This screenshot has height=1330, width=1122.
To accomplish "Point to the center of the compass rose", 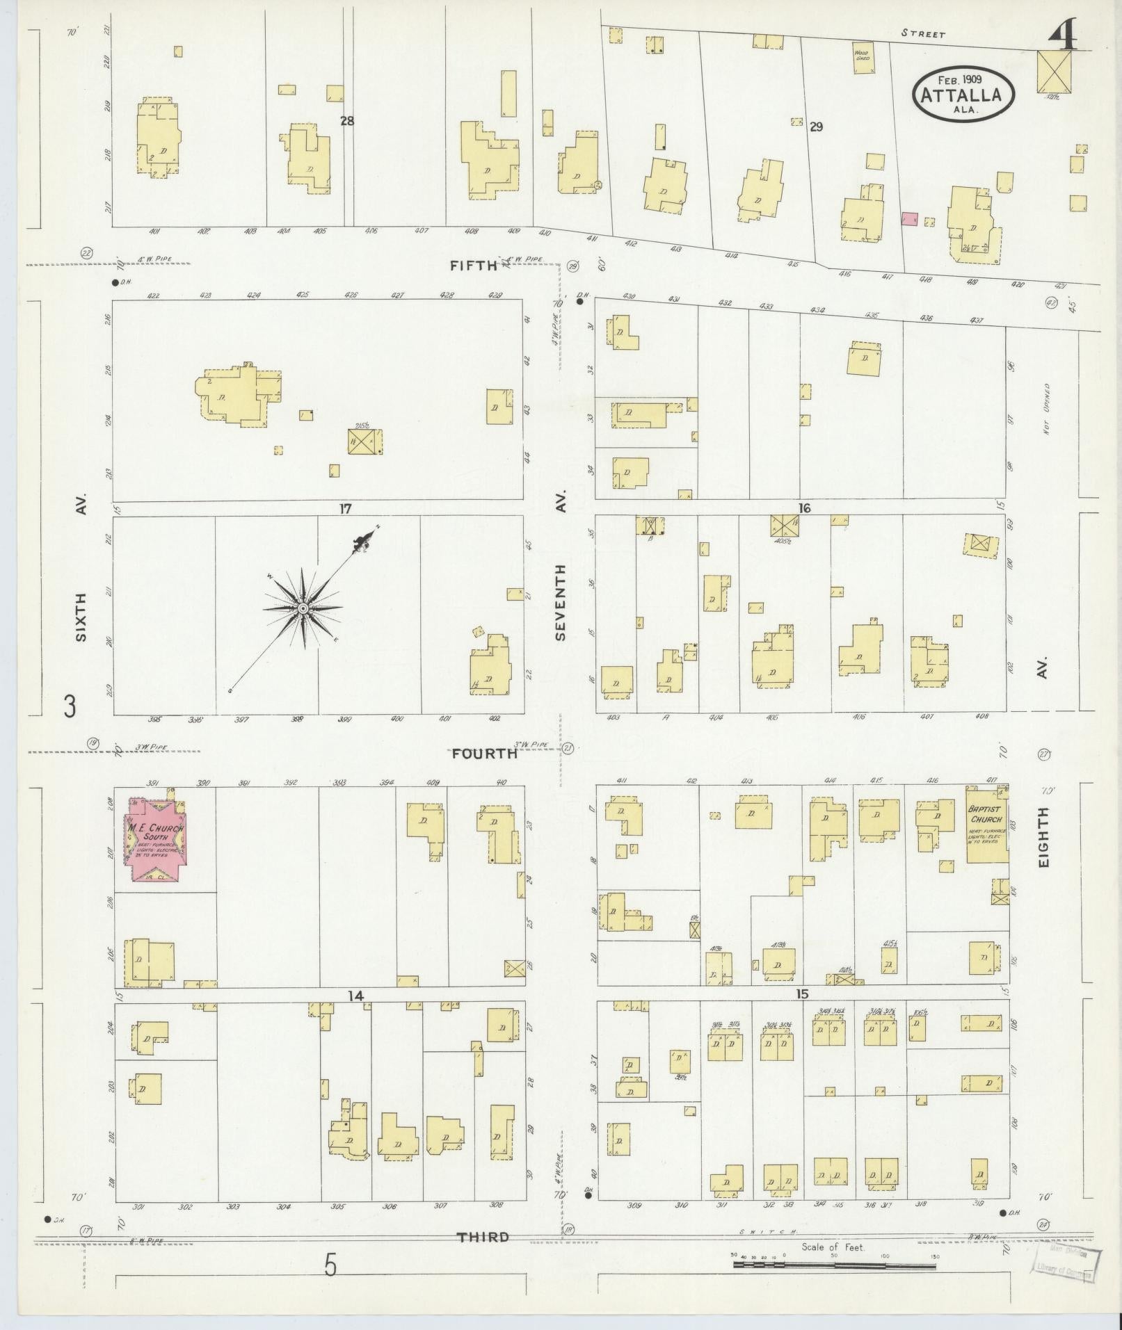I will (303, 608).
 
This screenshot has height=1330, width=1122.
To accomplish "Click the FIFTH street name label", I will (474, 265).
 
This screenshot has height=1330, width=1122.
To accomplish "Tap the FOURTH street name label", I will (485, 753).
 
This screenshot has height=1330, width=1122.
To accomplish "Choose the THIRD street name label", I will (483, 1237).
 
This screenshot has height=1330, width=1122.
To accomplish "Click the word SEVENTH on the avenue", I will (561, 601).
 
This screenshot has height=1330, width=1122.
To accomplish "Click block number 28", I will (347, 121).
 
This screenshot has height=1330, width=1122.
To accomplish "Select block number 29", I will (816, 127).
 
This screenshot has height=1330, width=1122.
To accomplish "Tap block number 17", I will (345, 508).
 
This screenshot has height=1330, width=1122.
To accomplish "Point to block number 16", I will (804, 508).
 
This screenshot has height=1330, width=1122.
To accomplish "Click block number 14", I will (356, 996).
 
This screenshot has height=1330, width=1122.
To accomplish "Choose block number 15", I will (803, 995).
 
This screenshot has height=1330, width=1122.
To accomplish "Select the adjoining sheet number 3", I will (69, 707).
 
